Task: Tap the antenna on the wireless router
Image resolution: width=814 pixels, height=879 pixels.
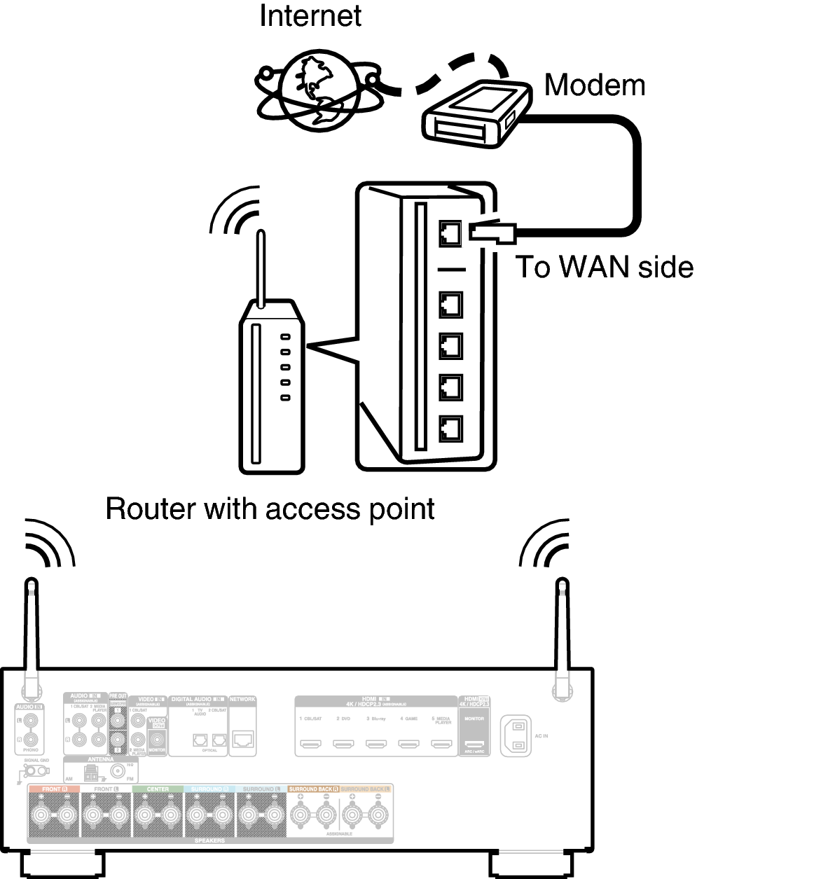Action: pyautogui.click(x=261, y=270)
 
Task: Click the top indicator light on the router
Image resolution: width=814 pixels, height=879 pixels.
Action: pyautogui.click(x=285, y=337)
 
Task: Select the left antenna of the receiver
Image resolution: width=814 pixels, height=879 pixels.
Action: pyautogui.click(x=31, y=630)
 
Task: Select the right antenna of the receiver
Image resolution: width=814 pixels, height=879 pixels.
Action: pyautogui.click(x=562, y=630)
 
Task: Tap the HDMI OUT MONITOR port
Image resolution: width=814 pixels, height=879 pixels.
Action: pyautogui.click(x=474, y=744)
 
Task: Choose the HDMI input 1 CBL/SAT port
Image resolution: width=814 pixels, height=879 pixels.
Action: pyautogui.click(x=311, y=744)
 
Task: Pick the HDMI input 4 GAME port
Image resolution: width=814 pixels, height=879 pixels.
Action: pyautogui.click(x=408, y=744)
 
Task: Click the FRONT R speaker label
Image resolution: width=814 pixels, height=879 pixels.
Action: pyautogui.click(x=53, y=789)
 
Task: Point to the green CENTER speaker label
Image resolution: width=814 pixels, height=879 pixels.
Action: pyautogui.click(x=158, y=789)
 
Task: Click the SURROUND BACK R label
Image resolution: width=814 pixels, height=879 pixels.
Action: pyautogui.click(x=313, y=789)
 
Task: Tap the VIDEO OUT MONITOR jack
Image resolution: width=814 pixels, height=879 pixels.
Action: pyautogui.click(x=157, y=738)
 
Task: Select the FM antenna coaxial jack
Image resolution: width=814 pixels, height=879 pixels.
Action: pyautogui.click(x=117, y=770)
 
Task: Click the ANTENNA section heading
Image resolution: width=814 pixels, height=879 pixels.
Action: pyautogui.click(x=100, y=759)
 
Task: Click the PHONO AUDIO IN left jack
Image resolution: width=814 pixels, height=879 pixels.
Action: pyautogui.click(x=29, y=720)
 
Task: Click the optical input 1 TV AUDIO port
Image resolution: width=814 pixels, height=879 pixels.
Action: pyautogui.click(x=200, y=739)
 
